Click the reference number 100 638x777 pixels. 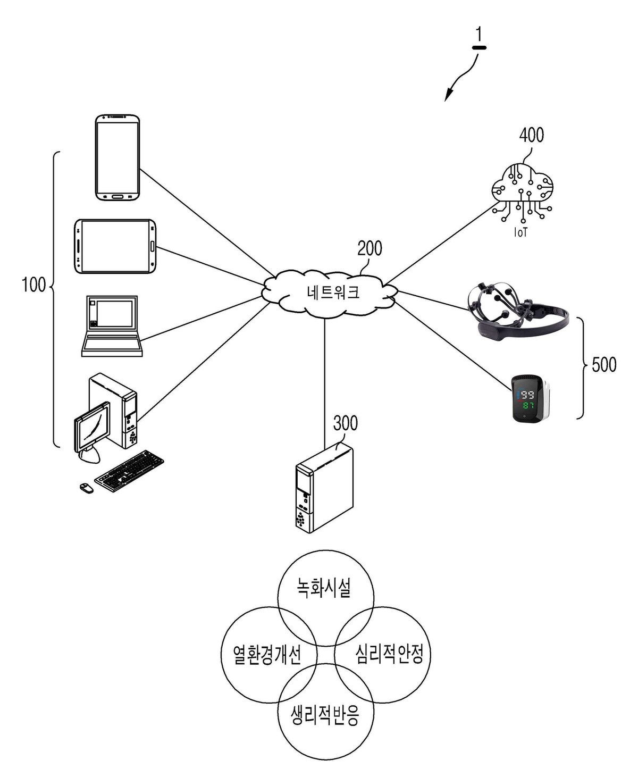(x=34, y=285)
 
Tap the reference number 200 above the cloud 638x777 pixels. (x=370, y=248)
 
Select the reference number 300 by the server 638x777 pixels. (x=345, y=423)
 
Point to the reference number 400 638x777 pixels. (x=531, y=135)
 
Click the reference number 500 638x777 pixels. (x=604, y=365)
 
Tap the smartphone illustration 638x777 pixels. (x=117, y=157)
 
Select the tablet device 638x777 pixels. (x=115, y=246)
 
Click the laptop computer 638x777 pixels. (x=112, y=325)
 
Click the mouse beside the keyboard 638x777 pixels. (x=87, y=488)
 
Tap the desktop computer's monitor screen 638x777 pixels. (x=93, y=427)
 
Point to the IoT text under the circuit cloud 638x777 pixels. (x=521, y=232)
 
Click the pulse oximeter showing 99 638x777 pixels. (x=531, y=399)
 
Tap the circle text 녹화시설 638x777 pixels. (x=323, y=587)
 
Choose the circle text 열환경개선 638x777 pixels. (x=267, y=654)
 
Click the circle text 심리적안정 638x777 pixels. (x=389, y=654)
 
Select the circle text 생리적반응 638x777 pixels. (x=324, y=715)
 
